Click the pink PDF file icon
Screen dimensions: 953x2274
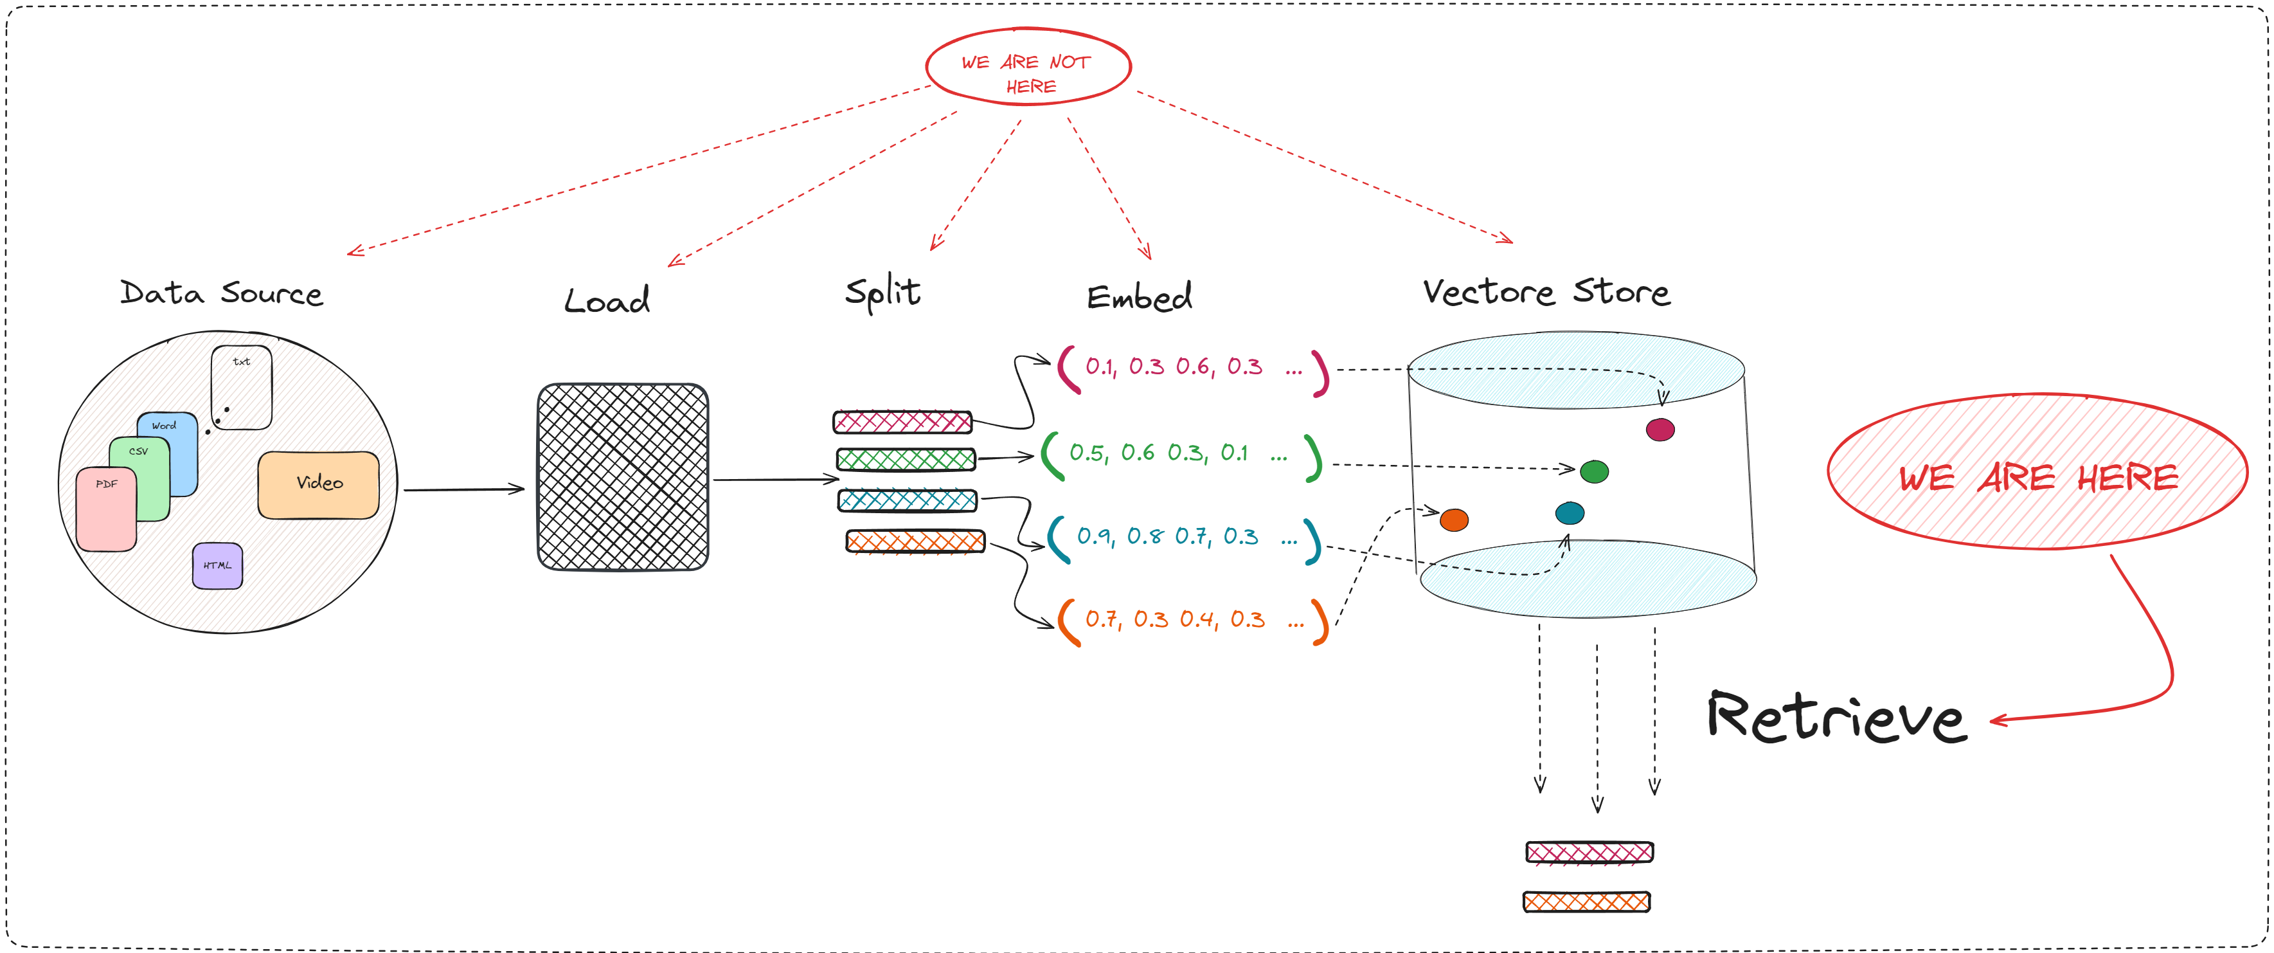[x=106, y=511]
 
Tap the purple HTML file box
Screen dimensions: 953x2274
[x=217, y=566]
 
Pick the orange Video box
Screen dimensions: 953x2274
[x=319, y=485]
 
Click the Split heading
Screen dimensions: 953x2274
[x=882, y=293]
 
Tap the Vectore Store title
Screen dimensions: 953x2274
[x=1546, y=293]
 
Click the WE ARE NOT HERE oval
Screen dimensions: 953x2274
[x=1028, y=67]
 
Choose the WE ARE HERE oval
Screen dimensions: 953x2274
[x=2037, y=473]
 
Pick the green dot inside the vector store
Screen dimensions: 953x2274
[x=1594, y=471]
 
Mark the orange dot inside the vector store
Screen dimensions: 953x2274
[x=1454, y=520]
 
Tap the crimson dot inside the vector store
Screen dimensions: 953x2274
[x=1660, y=430]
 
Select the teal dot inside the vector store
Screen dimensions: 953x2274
[x=1570, y=513]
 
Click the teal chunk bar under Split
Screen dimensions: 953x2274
[x=908, y=501]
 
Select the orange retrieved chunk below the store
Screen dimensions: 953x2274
[x=1586, y=902]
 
